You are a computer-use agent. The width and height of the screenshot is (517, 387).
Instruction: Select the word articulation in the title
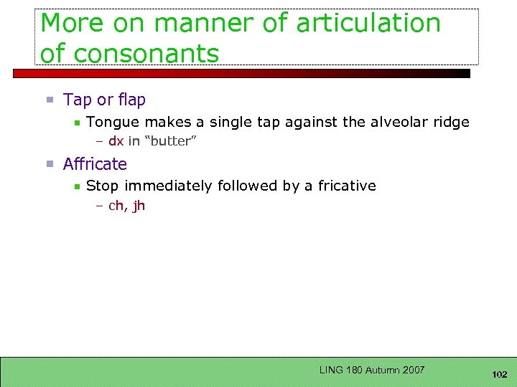coord(368,23)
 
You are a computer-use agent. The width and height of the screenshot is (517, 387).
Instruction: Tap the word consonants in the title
coord(148,53)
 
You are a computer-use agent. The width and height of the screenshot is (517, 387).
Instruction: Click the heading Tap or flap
coord(104,100)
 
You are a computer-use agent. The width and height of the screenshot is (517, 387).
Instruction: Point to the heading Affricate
coord(95,164)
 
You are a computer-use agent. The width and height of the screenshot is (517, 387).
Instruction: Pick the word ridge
coord(451,123)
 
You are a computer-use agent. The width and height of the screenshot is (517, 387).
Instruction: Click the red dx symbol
coord(116,141)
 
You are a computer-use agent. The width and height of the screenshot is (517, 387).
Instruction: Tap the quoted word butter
coord(171,141)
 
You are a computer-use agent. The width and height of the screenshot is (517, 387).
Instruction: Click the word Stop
coord(102,186)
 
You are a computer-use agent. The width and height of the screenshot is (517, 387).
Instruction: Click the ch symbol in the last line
coord(115,206)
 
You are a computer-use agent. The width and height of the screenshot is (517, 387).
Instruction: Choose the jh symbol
coord(139,206)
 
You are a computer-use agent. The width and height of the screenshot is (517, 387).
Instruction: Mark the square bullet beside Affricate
coord(50,164)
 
